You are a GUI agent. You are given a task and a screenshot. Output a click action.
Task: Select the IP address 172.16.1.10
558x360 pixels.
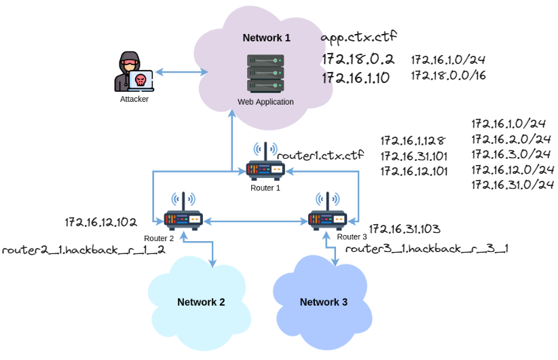356,77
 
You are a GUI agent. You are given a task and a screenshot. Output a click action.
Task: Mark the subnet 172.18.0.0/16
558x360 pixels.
448,75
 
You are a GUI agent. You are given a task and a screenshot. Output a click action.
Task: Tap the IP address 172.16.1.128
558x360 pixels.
413,141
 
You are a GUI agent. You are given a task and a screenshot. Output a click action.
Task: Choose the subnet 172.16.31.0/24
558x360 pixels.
513,184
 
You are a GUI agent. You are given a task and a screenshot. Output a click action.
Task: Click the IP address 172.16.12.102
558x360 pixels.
101,222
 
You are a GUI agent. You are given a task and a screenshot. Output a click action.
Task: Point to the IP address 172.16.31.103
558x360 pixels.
405,229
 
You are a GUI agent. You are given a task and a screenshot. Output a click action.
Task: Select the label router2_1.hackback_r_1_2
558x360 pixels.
83,250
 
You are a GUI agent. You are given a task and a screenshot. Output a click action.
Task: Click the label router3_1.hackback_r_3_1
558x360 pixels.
427,249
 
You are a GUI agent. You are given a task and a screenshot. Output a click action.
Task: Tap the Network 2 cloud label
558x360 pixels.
201,302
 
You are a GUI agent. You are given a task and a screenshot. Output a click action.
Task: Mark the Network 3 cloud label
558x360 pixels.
324,302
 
